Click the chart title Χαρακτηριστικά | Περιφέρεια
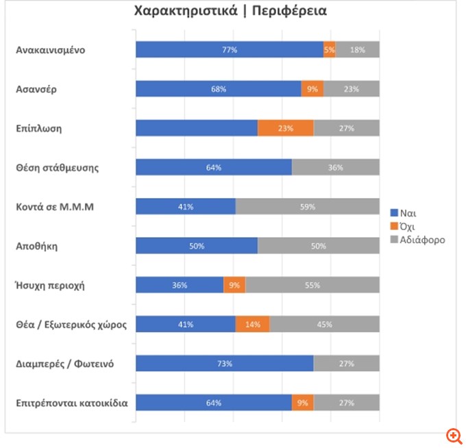click(x=230, y=12)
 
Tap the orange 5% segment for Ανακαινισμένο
click(x=330, y=49)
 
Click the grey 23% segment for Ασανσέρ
click(x=352, y=88)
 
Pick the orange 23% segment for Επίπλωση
click(x=285, y=128)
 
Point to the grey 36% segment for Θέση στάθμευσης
click(x=336, y=167)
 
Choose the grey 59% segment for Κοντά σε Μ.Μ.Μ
click(x=307, y=207)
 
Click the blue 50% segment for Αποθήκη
click(x=197, y=246)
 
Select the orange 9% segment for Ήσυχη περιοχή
click(x=234, y=285)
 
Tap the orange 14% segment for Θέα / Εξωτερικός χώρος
click(x=252, y=325)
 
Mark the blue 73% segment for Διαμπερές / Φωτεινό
click(x=224, y=364)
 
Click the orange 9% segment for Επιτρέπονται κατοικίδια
click(x=302, y=403)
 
